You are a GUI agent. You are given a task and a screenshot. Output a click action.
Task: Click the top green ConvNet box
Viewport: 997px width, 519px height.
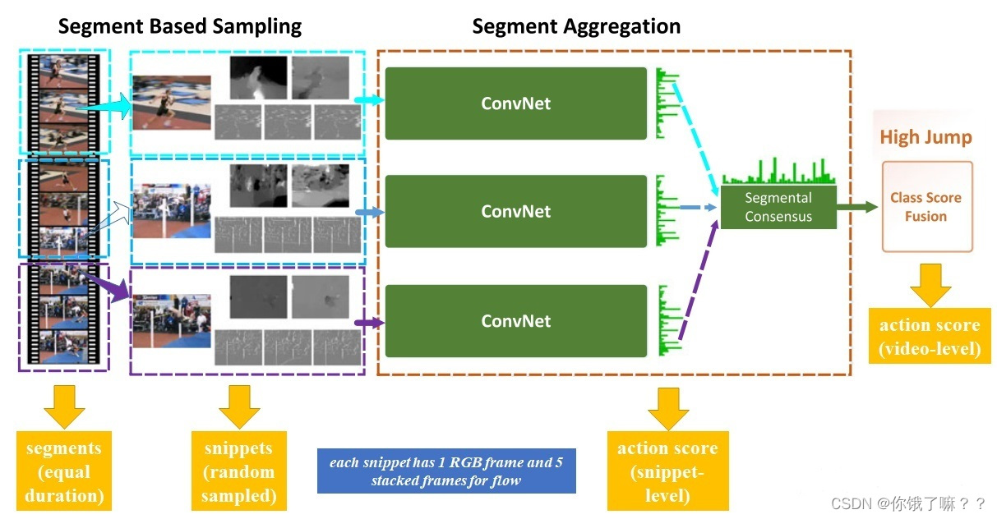click(515, 103)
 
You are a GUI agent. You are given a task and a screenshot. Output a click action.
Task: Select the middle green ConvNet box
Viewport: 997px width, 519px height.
click(515, 211)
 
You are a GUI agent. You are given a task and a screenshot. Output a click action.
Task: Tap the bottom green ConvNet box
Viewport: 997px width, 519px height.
click(515, 320)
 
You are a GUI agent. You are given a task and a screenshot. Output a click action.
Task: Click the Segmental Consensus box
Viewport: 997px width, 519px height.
click(778, 207)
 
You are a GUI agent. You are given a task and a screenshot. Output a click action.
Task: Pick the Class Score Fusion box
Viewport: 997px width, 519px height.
click(926, 207)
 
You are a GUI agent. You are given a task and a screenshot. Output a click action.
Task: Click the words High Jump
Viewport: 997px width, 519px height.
click(925, 137)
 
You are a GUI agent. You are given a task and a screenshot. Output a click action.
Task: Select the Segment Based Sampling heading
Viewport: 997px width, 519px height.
click(179, 26)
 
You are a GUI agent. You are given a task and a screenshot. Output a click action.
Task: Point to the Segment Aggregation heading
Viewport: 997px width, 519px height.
click(575, 26)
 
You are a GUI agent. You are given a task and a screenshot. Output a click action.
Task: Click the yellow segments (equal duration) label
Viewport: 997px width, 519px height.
click(63, 471)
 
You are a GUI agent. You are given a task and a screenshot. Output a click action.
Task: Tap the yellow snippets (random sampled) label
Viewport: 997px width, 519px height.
click(238, 471)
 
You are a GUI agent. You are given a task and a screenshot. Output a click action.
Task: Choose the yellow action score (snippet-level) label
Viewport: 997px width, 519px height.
click(667, 471)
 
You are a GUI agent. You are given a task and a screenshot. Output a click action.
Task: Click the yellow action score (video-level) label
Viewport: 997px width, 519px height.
click(930, 337)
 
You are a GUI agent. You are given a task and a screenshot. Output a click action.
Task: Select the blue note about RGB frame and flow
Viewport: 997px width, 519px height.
click(445, 471)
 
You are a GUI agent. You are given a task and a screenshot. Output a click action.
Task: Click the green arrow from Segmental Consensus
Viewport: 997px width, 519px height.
click(856, 207)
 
